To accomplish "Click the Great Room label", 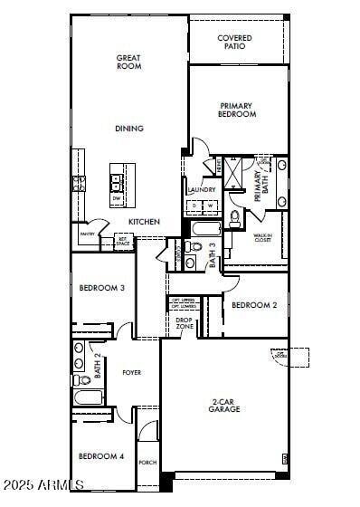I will [128, 62].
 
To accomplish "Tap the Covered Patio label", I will [234, 42].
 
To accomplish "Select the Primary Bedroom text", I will [237, 110].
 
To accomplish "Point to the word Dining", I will [128, 129].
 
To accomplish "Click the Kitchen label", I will [144, 222].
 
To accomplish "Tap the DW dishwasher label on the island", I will [117, 197].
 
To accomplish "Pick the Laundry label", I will [202, 190].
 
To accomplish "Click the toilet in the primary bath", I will [234, 217].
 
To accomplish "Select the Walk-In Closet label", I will [262, 238].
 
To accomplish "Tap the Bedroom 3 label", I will [101, 288].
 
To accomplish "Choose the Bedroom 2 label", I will [254, 305].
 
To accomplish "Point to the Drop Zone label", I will [184, 322].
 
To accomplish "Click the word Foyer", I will [132, 372].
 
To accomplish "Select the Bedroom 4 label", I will [100, 456].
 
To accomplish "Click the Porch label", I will [147, 463].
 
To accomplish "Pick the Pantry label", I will [87, 234].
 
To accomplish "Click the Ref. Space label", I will [123, 242].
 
